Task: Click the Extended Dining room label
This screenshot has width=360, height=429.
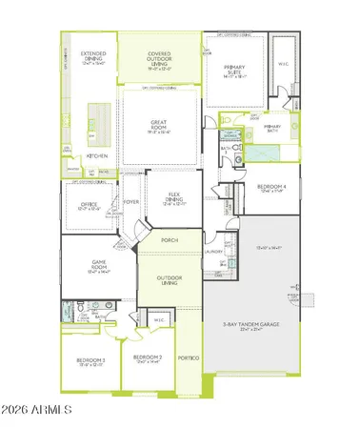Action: [x=91, y=57]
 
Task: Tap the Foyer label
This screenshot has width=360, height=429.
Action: [x=131, y=202]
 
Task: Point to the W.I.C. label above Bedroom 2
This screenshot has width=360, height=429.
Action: [x=159, y=320]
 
